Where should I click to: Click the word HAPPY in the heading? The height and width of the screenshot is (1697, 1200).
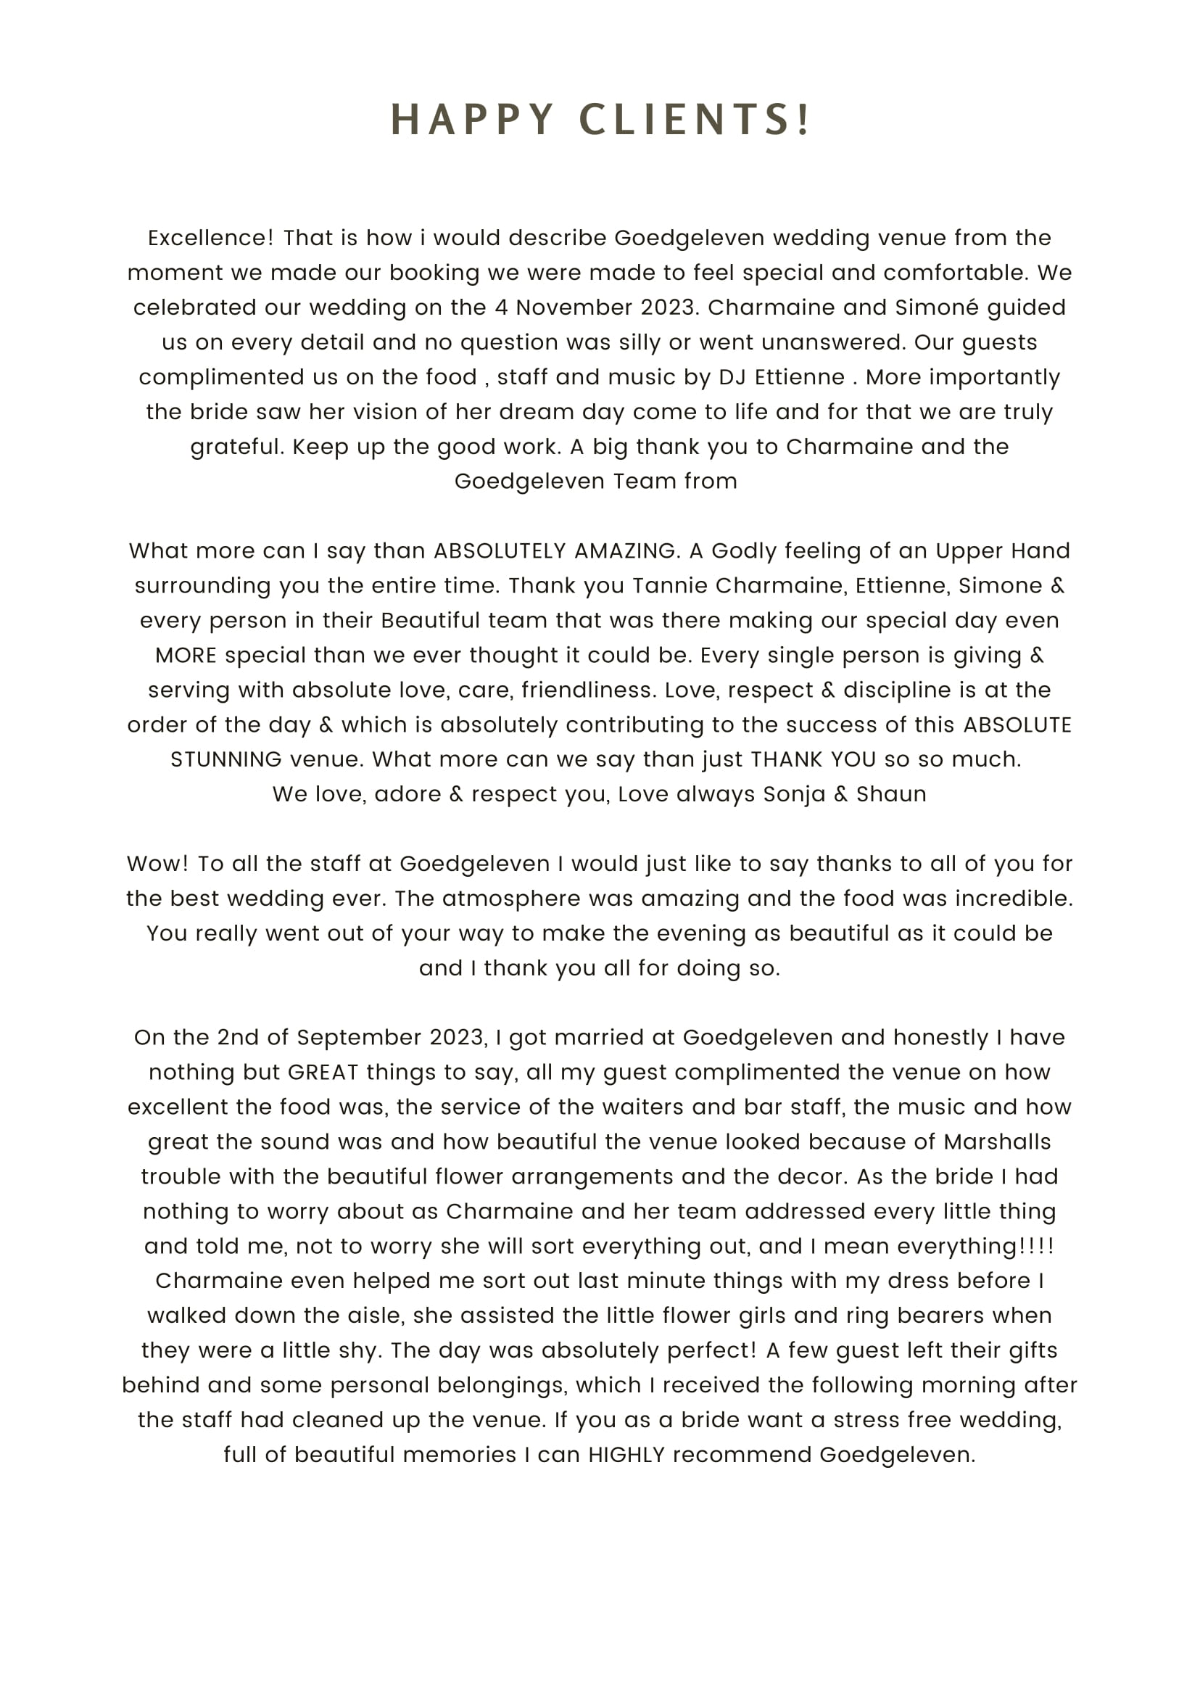tap(472, 120)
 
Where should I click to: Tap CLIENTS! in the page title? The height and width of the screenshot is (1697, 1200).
tap(695, 120)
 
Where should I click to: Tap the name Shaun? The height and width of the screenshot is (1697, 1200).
tap(890, 794)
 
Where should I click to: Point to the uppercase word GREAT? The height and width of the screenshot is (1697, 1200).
tap(323, 1072)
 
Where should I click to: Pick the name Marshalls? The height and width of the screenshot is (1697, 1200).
tap(997, 1141)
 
